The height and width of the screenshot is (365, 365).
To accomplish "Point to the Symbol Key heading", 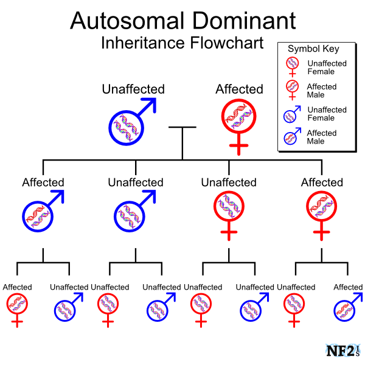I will tap(313, 49).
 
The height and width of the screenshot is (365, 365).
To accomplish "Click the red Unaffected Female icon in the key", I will tap(292, 65).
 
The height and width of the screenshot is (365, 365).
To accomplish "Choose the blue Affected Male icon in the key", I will tap(291, 136).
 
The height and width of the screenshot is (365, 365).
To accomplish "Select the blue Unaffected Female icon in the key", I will tap(291, 114).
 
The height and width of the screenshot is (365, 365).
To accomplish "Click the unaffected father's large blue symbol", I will tap(128, 125).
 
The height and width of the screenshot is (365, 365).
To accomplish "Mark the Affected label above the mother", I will tap(239, 89).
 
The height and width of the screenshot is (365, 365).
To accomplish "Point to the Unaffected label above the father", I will tap(133, 89).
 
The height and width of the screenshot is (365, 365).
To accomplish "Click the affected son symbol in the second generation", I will tap(40, 212).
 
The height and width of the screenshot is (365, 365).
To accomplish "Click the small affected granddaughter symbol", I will tap(17, 305).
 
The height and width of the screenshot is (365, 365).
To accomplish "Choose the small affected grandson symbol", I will tap(346, 308).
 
